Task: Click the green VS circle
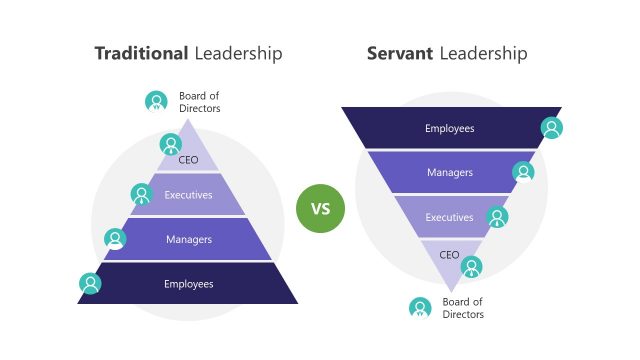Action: tap(320, 209)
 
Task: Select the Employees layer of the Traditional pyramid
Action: tap(189, 284)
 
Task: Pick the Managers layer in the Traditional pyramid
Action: tap(189, 240)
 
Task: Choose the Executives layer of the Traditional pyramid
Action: tap(189, 195)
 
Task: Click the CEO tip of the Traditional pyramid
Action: tap(189, 157)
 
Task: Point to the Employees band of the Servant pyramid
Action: tap(449, 128)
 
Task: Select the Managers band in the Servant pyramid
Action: tap(449, 172)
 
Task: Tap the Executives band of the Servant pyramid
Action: tap(449, 217)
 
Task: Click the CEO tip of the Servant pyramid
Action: tap(450, 254)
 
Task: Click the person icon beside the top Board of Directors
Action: tap(155, 101)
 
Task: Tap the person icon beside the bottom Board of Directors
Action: tap(420, 308)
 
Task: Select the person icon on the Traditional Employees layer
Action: tap(91, 283)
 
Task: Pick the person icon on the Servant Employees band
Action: tap(551, 128)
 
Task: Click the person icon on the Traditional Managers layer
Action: tap(116, 239)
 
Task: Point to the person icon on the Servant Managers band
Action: tap(524, 172)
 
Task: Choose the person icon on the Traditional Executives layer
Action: tap(142, 194)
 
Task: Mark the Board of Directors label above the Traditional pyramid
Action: tap(200, 102)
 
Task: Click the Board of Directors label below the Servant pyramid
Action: tap(463, 308)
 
